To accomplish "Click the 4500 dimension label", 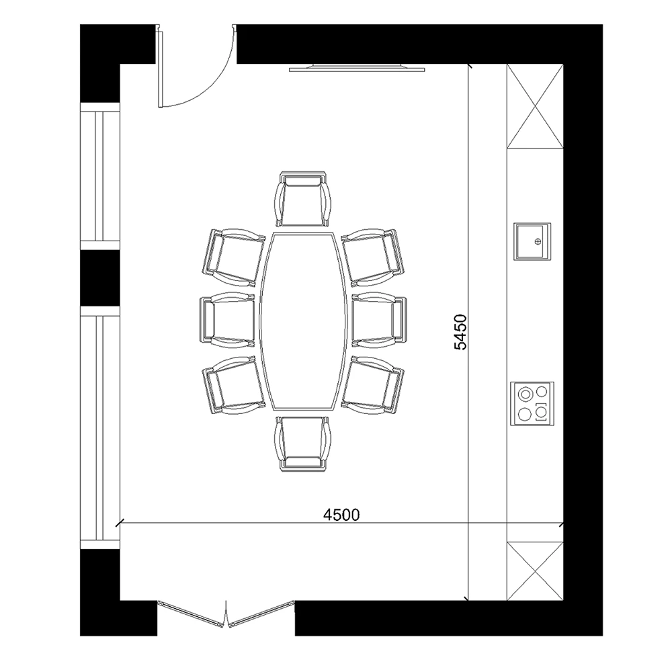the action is click(x=341, y=514).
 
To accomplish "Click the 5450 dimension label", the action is click(x=460, y=332).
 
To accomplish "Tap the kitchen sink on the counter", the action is click(x=532, y=241).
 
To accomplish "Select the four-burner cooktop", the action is click(x=532, y=403).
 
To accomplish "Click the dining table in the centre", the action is click(x=303, y=321).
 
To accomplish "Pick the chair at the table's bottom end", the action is click(x=303, y=444).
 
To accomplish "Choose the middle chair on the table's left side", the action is click(x=227, y=320).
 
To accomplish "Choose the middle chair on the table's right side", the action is click(x=379, y=320).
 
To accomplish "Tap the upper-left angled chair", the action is click(x=234, y=257).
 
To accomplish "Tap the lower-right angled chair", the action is click(x=372, y=385).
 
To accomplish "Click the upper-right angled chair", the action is click(x=372, y=257).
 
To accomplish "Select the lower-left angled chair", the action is click(x=234, y=385).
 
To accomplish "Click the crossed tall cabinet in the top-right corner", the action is click(x=535, y=106).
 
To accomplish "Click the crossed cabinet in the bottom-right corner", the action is click(x=535, y=571).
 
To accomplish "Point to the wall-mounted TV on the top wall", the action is click(x=357, y=68).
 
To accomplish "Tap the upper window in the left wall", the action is click(x=100, y=176).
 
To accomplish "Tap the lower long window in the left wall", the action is click(x=100, y=427).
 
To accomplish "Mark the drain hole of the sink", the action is click(x=538, y=242).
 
